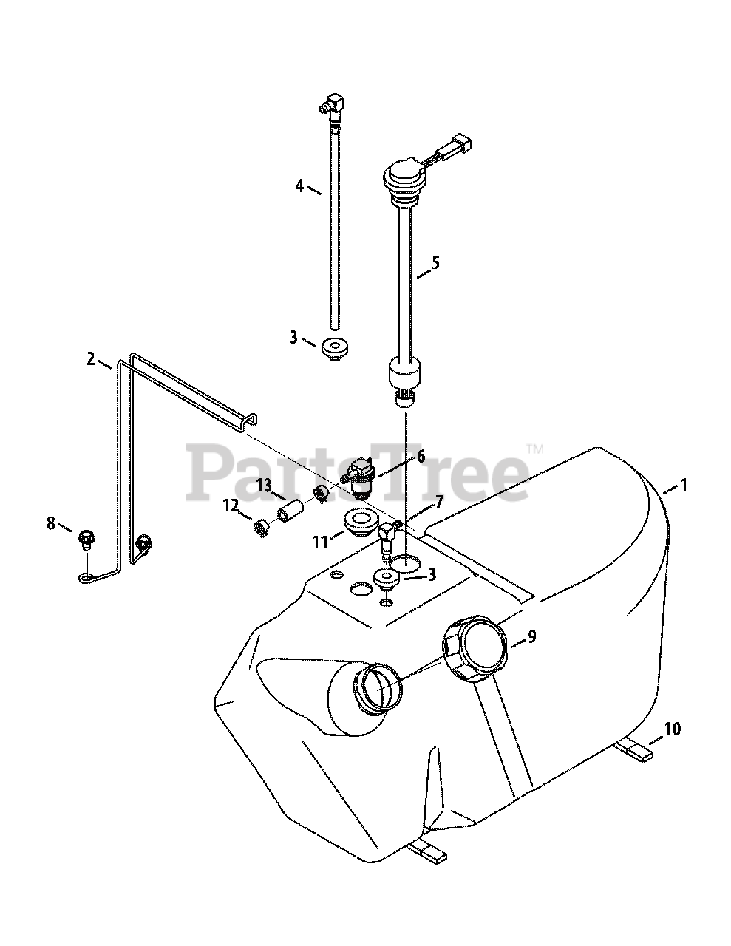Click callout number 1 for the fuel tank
click(x=684, y=486)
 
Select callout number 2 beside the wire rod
click(x=91, y=359)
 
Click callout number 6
click(x=421, y=457)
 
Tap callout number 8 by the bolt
click(x=51, y=523)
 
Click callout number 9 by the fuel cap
click(x=532, y=636)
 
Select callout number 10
click(x=672, y=730)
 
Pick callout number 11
click(x=320, y=542)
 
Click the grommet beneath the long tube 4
click(x=336, y=348)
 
